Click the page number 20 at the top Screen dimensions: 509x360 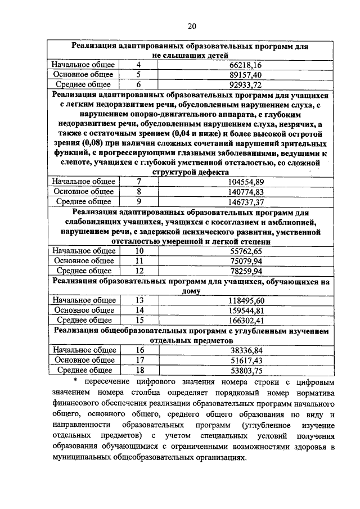coord(191,26)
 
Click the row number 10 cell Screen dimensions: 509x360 coord(139,250)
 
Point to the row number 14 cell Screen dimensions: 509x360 coord(139,310)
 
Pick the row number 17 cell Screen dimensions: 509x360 coord(139,360)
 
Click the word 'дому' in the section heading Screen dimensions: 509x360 coord(191,291)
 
